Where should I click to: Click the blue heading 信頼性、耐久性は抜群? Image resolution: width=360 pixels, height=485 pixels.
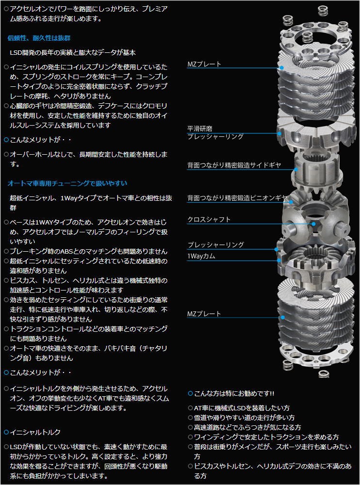(x=39, y=38)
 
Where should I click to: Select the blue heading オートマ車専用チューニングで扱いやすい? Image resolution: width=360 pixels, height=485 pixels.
(x=67, y=183)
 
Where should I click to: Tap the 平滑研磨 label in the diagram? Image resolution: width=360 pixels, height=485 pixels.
(x=200, y=129)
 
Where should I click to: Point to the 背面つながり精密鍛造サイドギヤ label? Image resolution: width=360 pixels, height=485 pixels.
(x=234, y=165)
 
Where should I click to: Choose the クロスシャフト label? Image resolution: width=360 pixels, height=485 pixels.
(x=209, y=219)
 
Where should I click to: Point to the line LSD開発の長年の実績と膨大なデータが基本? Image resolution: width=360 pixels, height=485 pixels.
(x=73, y=52)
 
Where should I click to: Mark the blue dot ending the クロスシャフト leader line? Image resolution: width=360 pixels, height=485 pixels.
(x=314, y=224)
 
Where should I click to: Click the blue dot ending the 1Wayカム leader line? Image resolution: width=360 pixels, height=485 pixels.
(x=280, y=260)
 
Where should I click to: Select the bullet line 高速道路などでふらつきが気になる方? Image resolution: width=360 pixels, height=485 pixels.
(x=247, y=427)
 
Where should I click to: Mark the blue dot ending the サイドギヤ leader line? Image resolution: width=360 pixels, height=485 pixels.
(x=297, y=170)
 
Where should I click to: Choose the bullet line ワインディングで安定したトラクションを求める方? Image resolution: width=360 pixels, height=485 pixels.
(x=266, y=437)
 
